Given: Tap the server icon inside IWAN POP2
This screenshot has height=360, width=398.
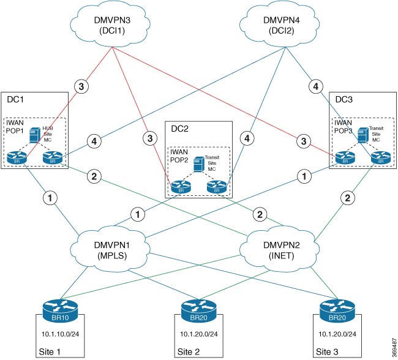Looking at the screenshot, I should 197,163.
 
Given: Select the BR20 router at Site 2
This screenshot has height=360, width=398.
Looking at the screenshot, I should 198,310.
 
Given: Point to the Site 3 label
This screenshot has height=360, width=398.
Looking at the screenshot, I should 326,352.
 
